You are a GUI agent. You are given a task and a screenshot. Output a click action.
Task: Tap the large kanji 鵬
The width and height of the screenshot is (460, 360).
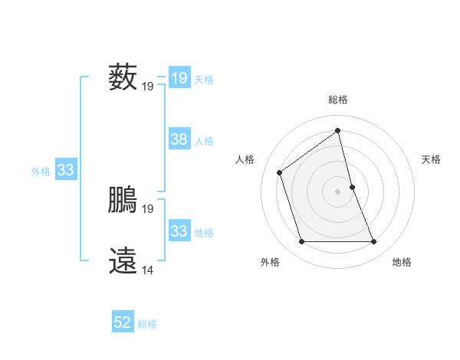coord(123,201)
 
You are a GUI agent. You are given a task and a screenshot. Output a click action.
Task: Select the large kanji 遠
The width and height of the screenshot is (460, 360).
coord(123,260)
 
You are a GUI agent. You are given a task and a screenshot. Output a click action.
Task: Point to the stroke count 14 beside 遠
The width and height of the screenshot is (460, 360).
coord(148,270)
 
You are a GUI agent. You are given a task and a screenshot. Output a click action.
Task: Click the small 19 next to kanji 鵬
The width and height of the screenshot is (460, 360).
coord(148,209)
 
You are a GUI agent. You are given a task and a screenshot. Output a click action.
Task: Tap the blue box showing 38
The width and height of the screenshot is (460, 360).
coord(179,139)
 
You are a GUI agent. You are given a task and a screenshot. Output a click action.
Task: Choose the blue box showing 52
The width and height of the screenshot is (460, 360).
coord(123,322)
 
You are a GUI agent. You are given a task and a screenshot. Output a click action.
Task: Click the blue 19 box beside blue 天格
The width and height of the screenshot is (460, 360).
coord(179,77)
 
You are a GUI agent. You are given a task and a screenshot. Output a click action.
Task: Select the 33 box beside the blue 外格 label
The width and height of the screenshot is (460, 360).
coord(65,170)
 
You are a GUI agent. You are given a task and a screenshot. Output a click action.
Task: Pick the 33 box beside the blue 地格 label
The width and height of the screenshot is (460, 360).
coord(179,231)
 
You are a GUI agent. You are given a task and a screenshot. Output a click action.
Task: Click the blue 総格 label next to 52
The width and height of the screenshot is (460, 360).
coord(147,324)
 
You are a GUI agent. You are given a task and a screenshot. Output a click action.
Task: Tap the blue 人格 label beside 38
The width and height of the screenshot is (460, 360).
coord(204,141)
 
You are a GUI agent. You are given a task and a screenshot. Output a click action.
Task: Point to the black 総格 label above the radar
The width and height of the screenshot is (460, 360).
coord(337,100)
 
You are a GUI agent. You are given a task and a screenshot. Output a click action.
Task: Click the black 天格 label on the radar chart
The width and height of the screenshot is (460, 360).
coord(432,159)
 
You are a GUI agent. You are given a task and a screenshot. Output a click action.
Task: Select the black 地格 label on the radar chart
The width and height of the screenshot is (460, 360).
coord(402,263)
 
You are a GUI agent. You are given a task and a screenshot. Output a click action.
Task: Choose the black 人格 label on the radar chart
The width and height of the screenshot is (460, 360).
coord(245,159)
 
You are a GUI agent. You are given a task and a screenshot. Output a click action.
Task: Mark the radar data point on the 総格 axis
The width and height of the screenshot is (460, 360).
coord(337,130)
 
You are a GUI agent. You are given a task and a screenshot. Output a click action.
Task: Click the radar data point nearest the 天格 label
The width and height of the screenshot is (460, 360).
coord(352,186)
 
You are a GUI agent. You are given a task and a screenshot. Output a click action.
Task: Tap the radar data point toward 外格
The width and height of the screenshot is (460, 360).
coord(301,242)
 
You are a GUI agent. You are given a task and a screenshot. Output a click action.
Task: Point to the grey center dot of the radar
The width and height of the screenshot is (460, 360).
coord(337,191)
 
